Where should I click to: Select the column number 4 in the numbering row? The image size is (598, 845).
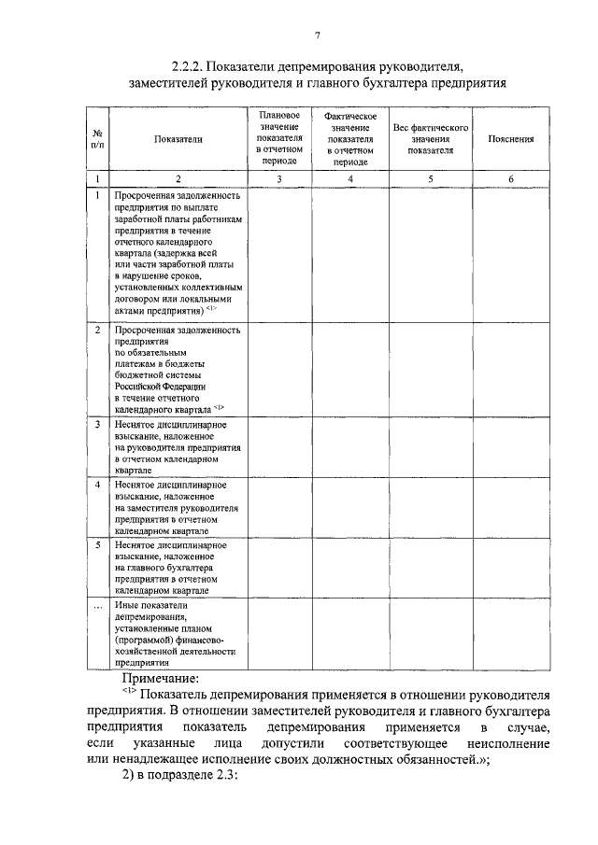[349, 177]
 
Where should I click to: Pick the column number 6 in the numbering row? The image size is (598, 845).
[511, 177]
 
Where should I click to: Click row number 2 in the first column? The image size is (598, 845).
[98, 331]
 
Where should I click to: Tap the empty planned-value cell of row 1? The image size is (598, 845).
[279, 252]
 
